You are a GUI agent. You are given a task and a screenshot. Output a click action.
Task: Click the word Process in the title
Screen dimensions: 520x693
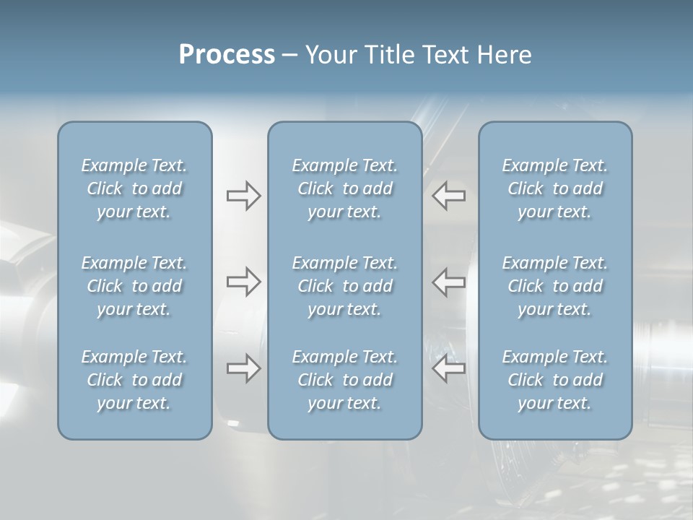pos(227,55)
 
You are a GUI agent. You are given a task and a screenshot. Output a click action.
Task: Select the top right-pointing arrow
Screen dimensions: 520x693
pos(243,196)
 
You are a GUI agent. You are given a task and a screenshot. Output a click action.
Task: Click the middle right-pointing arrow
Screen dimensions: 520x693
pos(243,282)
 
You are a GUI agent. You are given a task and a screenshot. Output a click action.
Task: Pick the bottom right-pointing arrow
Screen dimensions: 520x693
pos(243,368)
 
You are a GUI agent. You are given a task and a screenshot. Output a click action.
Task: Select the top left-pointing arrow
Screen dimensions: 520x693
pos(449,196)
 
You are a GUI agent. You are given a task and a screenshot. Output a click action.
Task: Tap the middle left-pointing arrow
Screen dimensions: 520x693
pos(449,282)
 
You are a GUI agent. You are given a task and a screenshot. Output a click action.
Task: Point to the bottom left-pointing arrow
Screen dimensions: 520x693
pos(449,368)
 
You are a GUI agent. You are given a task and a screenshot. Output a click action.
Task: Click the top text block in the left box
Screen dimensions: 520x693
pos(134,188)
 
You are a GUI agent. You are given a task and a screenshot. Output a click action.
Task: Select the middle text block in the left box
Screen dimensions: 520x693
pos(134,286)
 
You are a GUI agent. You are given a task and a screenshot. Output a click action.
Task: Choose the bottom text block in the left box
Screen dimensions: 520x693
pos(134,380)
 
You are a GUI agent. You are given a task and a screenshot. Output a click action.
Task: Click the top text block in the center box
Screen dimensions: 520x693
pos(345,188)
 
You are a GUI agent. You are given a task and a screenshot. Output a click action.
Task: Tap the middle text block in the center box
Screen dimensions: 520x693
pos(345,286)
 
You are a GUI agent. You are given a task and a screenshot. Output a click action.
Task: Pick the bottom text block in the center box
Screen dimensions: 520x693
pos(345,380)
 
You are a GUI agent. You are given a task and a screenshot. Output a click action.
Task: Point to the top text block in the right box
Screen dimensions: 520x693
pos(555,188)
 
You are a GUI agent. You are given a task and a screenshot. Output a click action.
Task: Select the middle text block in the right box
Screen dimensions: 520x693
pos(555,286)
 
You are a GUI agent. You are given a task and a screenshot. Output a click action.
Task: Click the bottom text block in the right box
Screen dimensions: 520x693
pos(555,380)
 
